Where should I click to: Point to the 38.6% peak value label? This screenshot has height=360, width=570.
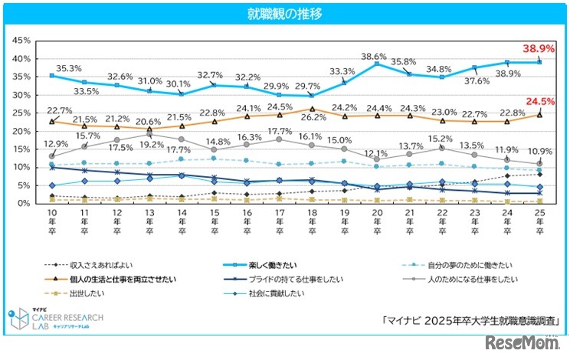[374, 56]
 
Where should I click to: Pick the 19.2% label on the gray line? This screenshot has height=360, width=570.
[151, 144]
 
